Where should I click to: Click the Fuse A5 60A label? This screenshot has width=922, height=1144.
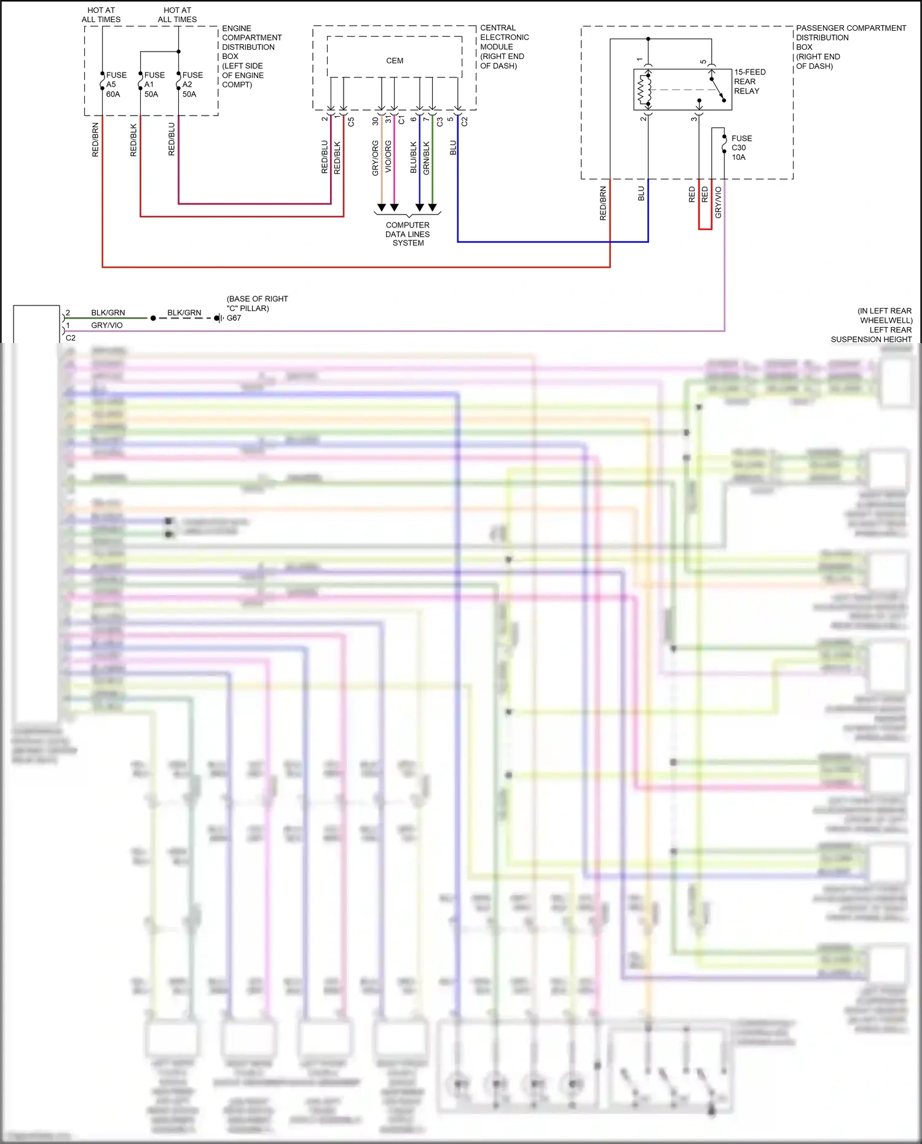pos(116,84)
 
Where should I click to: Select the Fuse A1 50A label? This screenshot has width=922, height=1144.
pos(154,84)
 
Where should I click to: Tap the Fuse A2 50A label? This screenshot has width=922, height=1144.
pos(192,84)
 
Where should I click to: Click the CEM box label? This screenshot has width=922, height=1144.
pos(395,61)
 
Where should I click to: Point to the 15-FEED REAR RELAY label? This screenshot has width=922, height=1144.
pos(749,81)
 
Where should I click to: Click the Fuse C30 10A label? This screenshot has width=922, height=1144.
pos(741,148)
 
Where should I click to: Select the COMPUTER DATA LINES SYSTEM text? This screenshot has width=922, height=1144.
pos(408,234)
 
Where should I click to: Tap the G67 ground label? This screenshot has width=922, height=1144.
pos(234,318)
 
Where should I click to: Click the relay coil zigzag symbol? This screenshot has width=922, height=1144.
pos(644,90)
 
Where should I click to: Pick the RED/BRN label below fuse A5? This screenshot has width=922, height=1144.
pos(95,140)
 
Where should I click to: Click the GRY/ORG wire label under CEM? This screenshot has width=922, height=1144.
pos(375,158)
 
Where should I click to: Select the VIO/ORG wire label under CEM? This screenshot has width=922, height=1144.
pos(388,156)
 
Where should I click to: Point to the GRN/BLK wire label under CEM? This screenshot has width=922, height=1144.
pos(427,158)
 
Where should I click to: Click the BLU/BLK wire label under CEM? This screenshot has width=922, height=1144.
pos(414,158)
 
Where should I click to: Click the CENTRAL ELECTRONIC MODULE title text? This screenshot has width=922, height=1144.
pos(504,47)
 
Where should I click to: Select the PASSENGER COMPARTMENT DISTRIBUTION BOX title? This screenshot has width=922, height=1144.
pos(850,47)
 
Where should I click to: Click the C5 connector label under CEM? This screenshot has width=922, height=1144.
pos(351,122)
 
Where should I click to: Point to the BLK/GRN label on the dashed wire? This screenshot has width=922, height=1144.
pos(184,312)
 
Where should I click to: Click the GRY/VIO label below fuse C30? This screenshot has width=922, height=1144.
pos(718,202)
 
